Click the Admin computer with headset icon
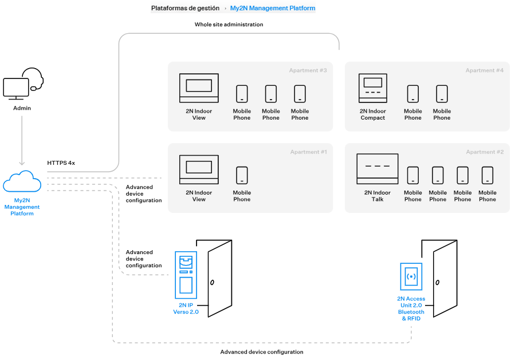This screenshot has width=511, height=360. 22,85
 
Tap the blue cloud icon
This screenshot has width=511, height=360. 22,181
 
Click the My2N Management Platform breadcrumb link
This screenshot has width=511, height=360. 272,9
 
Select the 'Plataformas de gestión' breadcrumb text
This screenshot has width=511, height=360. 185,9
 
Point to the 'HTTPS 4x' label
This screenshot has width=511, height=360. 61,163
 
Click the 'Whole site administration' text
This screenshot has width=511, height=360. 229,25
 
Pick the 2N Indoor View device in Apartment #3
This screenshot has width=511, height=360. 199,88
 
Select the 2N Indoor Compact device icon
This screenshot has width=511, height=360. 373,88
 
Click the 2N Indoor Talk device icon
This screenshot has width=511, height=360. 377,169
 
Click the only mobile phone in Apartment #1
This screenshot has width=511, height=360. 242,175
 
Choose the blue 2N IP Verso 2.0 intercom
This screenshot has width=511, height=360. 186,275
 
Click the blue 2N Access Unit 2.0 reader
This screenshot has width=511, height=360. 411,277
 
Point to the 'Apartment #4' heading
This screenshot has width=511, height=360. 484,70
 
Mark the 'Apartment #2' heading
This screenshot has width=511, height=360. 485,152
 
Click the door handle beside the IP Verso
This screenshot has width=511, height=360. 212,283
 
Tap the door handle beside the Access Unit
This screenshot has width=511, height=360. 437,283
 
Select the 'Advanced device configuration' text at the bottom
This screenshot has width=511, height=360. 262,352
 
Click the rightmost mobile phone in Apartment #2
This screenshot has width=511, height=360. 488,175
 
